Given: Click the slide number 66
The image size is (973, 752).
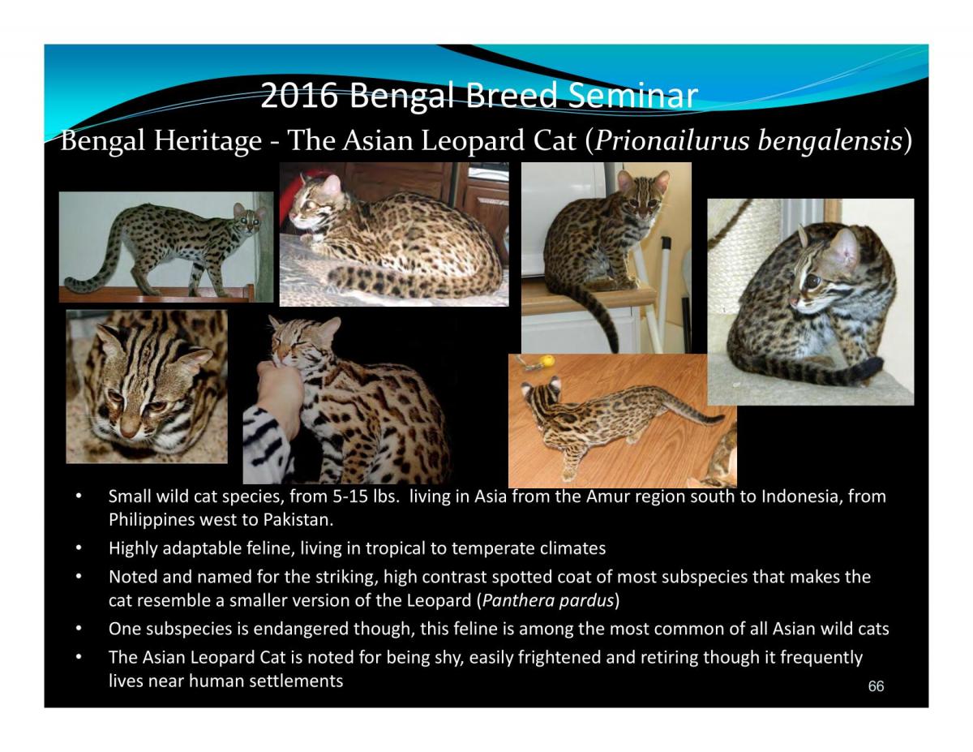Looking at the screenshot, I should point(876,687).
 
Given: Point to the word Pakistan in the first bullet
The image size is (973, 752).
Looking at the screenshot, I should point(302,518).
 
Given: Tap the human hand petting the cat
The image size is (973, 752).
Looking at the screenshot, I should point(281,385).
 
